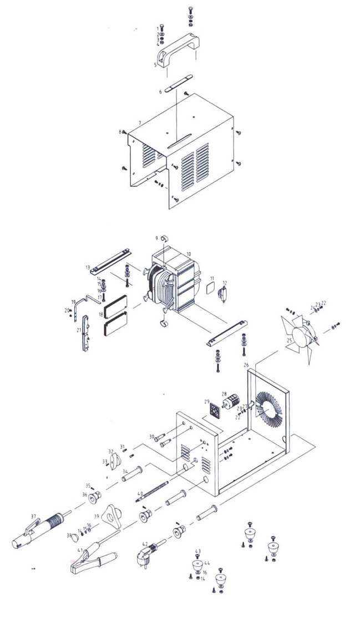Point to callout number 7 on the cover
(x=140, y=122)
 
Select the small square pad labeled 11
(x=210, y=287)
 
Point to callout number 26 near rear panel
(x=246, y=365)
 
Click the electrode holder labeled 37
(x=39, y=530)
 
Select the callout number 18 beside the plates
(x=101, y=315)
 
